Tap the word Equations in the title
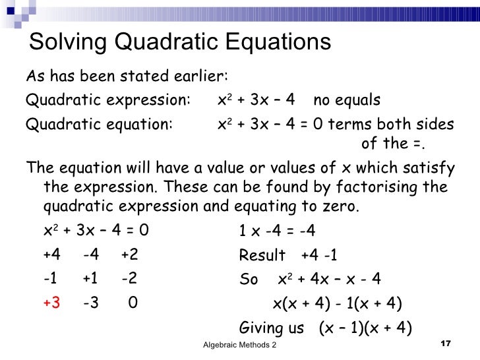tap(278, 42)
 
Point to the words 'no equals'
tap(347, 100)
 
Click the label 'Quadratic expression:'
tap(107, 100)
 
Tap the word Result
tap(262, 255)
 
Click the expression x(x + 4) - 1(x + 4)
tap(338, 303)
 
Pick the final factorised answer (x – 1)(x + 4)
tap(365, 328)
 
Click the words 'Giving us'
tap(272, 328)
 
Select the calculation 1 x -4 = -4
tap(277, 231)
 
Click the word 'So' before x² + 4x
tap(249, 280)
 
